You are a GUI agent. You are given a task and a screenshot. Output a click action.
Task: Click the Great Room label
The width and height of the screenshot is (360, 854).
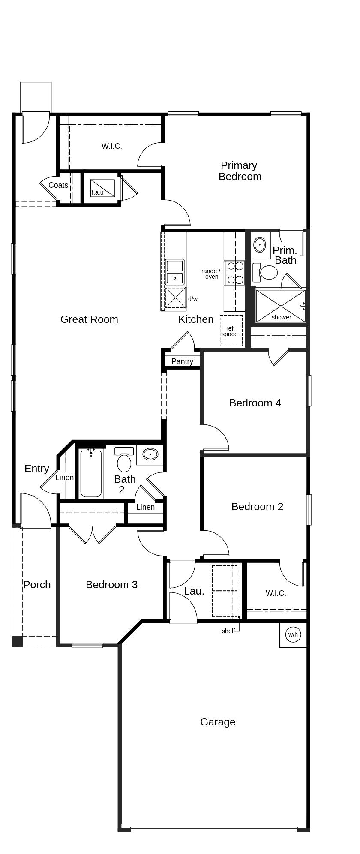click(89, 319)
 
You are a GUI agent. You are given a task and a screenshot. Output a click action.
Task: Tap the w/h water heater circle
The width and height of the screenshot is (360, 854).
click(293, 634)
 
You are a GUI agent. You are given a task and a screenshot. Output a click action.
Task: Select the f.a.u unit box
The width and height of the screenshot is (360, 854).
click(102, 188)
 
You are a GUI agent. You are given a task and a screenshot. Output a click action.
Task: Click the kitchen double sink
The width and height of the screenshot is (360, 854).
click(175, 272)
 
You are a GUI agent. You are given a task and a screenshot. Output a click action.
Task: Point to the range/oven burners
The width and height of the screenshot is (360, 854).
click(235, 273)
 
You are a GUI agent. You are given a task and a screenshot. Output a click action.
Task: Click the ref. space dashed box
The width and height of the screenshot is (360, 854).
click(231, 331)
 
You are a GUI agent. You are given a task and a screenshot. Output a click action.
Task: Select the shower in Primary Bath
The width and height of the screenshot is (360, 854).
click(281, 306)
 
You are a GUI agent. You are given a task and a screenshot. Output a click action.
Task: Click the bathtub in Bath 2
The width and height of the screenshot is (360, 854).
click(91, 473)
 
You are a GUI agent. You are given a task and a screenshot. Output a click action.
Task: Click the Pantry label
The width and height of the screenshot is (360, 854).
click(182, 361)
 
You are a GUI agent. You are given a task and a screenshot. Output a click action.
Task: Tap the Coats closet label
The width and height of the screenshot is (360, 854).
click(58, 185)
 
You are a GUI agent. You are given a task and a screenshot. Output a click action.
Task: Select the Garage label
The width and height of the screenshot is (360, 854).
click(218, 722)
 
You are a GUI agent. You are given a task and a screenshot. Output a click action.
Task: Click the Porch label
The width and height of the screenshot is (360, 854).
click(37, 585)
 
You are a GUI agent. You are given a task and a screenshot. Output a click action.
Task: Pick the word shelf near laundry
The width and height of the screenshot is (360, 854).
click(228, 631)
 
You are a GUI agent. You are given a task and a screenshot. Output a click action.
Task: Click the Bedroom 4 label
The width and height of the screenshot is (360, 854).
click(255, 403)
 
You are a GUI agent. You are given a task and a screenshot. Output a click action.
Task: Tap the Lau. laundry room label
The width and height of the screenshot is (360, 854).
click(194, 591)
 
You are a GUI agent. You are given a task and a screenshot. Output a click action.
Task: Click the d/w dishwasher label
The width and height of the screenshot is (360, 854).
click(193, 299)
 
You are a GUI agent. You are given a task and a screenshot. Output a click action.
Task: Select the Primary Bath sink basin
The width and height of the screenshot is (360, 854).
click(260, 244)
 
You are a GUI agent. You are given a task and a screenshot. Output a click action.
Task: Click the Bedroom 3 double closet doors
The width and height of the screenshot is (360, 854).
click(93, 534)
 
